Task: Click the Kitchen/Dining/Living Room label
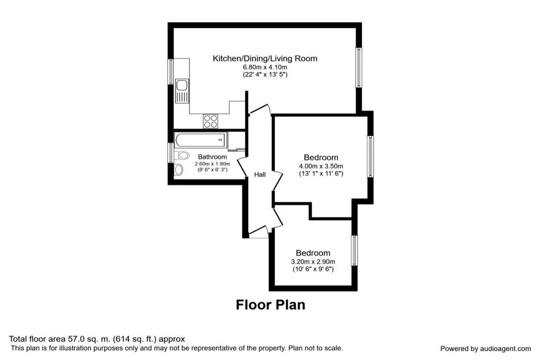click(x=264, y=59)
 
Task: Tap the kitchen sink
click(x=182, y=91)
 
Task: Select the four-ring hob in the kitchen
click(x=210, y=121)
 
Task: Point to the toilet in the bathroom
click(x=182, y=155)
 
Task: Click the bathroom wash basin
click(x=178, y=169)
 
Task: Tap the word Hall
click(x=260, y=175)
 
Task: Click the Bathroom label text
click(x=212, y=157)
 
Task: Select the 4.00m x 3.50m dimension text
click(x=321, y=166)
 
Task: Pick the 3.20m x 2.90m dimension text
click(x=313, y=262)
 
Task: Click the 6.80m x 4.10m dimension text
click(x=265, y=67)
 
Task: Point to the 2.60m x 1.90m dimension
click(x=212, y=164)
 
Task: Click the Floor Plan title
click(x=270, y=305)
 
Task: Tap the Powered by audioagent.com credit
click(x=485, y=349)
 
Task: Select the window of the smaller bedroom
click(x=354, y=250)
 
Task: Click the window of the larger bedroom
click(x=370, y=157)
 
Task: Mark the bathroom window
click(x=171, y=153)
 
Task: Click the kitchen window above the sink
click(x=171, y=71)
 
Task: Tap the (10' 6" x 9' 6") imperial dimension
click(x=313, y=269)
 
